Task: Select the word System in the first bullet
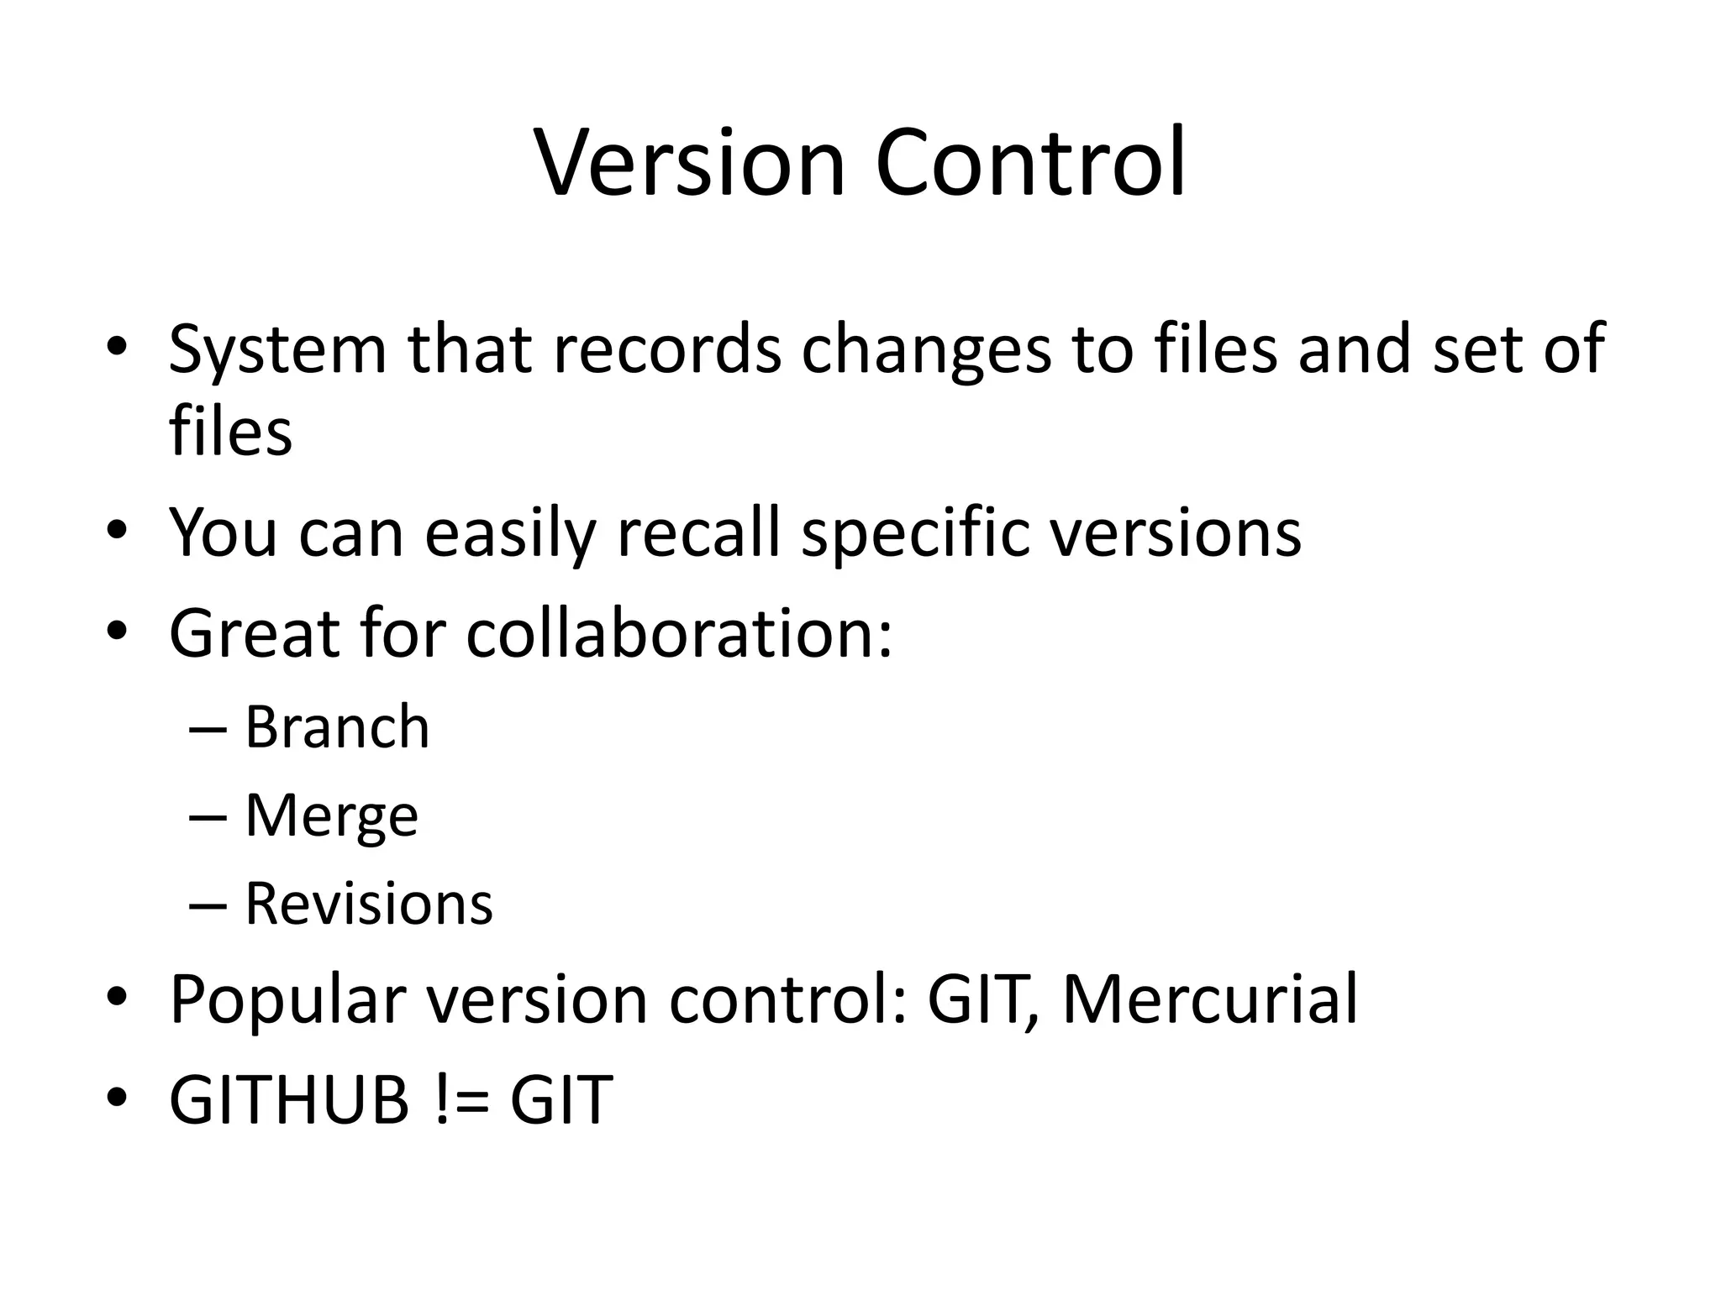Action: (276, 350)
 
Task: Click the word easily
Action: (510, 534)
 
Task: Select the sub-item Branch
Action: (337, 726)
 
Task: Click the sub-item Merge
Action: (331, 816)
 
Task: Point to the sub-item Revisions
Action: (369, 904)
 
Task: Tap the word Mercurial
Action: (1210, 999)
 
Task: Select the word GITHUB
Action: (289, 1099)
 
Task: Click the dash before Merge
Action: (208, 815)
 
